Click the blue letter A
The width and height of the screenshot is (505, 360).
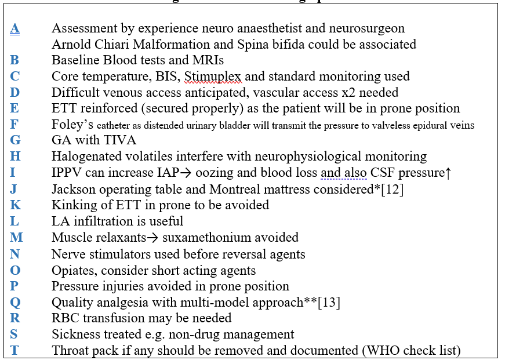coord(15,28)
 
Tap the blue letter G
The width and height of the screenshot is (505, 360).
coord(15,140)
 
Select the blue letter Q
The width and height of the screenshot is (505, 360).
coord(15,301)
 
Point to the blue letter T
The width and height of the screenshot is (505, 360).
coord(14,350)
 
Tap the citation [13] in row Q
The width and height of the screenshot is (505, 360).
coord(329,301)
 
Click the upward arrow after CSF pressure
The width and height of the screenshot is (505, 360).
coord(448,173)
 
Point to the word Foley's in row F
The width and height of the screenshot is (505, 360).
coord(71,124)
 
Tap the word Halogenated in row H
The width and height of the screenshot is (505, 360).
coord(85,156)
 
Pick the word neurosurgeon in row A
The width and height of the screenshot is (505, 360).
coord(369,28)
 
